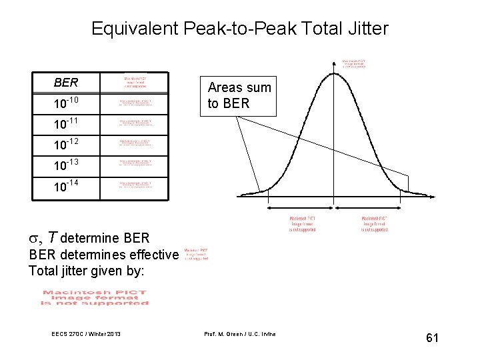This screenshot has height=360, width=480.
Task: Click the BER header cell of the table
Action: (x=66, y=83)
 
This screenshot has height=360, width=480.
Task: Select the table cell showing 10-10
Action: (x=66, y=103)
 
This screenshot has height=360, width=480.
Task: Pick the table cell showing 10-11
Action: (x=66, y=124)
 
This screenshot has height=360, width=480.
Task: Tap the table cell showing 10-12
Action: (x=66, y=144)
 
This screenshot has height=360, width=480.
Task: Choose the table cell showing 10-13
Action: (x=66, y=164)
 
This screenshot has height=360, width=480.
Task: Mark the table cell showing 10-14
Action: (x=66, y=186)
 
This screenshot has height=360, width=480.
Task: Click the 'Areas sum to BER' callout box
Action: (x=239, y=95)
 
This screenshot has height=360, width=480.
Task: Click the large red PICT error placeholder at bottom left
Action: (x=94, y=297)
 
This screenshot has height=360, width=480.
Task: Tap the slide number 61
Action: (x=432, y=338)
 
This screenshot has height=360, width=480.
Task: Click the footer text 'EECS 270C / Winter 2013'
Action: (x=86, y=333)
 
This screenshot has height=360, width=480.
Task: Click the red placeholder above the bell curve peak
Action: (x=354, y=63)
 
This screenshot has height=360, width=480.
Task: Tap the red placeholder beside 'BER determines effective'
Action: (x=196, y=253)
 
